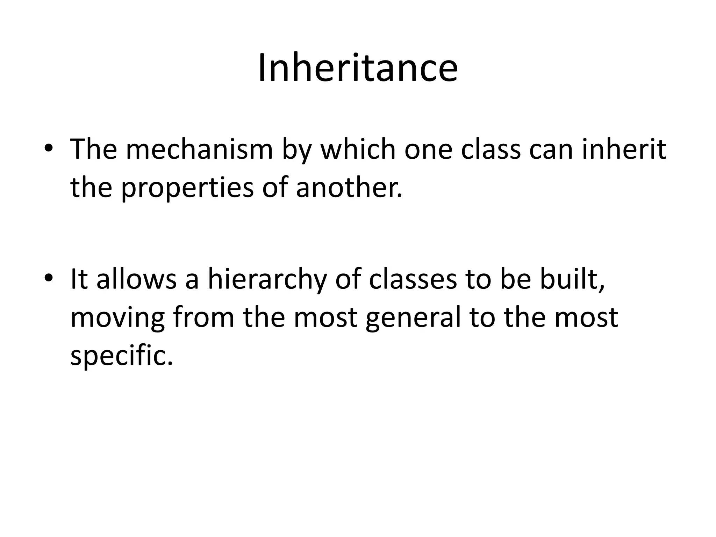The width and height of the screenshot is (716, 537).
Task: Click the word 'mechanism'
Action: click(x=199, y=150)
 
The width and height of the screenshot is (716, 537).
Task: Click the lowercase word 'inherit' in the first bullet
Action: click(x=624, y=150)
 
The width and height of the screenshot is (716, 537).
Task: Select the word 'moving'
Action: click(x=117, y=319)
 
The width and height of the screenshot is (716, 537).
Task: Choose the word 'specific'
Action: click(x=121, y=357)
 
